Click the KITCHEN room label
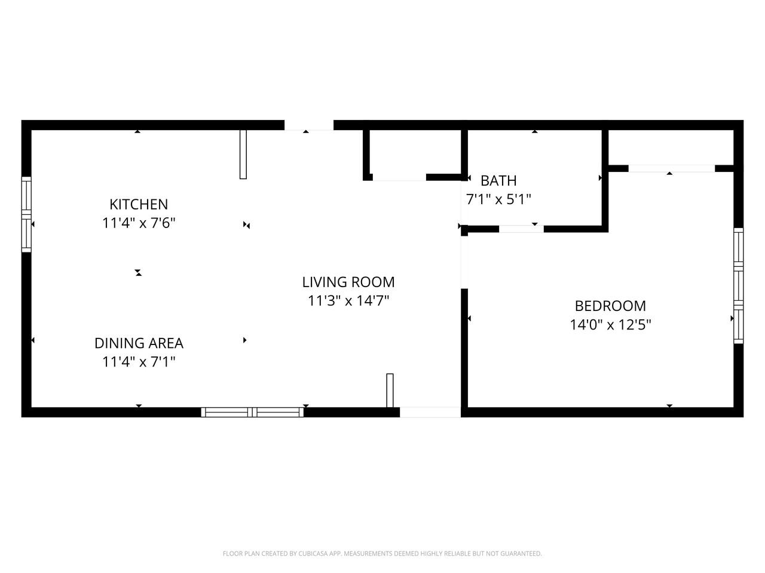click(139, 204)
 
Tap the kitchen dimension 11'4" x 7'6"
click(139, 223)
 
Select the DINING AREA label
click(139, 343)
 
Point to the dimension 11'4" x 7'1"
click(139, 362)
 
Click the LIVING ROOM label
click(348, 282)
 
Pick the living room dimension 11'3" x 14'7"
click(348, 301)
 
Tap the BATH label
click(498, 180)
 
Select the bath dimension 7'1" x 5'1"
click(498, 199)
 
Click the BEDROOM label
click(610, 306)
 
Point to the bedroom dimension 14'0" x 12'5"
click(610, 325)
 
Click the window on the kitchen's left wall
click(26, 214)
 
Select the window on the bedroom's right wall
click(739, 285)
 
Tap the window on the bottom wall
click(252, 412)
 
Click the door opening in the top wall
click(308, 125)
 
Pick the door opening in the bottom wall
click(430, 412)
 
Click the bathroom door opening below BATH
click(521, 229)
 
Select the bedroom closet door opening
click(671, 168)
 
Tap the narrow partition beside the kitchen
click(243, 154)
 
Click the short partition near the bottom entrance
click(390, 390)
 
